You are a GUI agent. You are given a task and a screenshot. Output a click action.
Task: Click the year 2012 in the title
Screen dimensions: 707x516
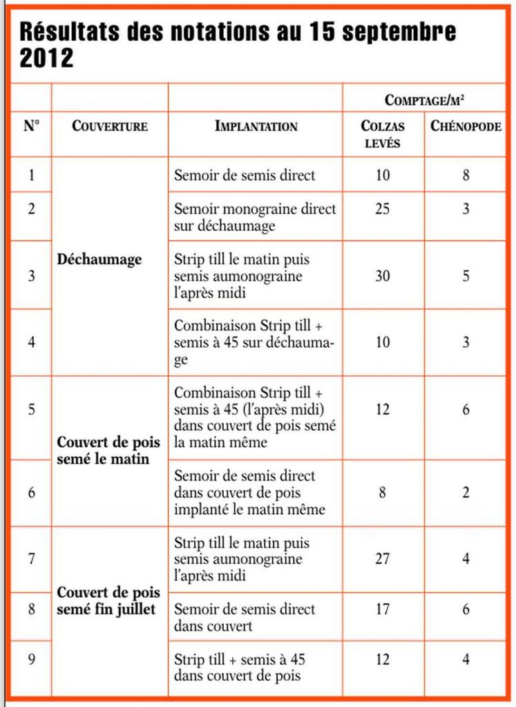[46, 58]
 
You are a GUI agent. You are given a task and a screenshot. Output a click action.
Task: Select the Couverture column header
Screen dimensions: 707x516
[110, 126]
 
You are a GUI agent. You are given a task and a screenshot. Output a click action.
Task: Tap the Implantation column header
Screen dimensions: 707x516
[256, 126]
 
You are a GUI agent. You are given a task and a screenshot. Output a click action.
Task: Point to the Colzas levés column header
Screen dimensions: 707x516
[383, 134]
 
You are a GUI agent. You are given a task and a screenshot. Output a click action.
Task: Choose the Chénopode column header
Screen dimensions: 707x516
[466, 126]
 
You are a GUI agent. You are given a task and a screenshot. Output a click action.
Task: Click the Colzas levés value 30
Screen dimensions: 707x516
[383, 276]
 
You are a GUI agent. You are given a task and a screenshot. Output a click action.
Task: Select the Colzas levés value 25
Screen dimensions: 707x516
[383, 209]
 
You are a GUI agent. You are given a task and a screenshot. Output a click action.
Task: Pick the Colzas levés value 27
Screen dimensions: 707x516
[383, 558]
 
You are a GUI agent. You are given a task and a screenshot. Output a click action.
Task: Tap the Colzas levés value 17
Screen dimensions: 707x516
[383, 610]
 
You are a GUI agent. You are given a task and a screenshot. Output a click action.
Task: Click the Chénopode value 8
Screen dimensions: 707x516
[466, 176]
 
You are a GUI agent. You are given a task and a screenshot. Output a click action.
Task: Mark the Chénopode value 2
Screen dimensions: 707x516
[466, 493]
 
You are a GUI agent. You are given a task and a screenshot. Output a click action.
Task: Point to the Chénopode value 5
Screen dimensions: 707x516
[466, 276]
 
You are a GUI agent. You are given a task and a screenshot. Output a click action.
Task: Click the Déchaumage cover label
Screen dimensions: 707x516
[99, 260]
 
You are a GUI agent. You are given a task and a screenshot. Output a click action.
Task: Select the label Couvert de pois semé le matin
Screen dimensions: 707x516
[108, 450]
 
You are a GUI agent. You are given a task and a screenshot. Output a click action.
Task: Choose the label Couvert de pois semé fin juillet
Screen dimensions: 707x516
[108, 601]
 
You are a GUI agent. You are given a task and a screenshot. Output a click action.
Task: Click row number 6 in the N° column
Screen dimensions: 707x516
[31, 493]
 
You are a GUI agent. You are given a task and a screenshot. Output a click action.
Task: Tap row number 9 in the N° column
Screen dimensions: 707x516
[31, 659]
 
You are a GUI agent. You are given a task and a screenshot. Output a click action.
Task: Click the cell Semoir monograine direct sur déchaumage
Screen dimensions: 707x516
[254, 217]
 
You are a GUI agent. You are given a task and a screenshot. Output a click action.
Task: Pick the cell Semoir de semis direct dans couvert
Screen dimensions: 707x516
[244, 618]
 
